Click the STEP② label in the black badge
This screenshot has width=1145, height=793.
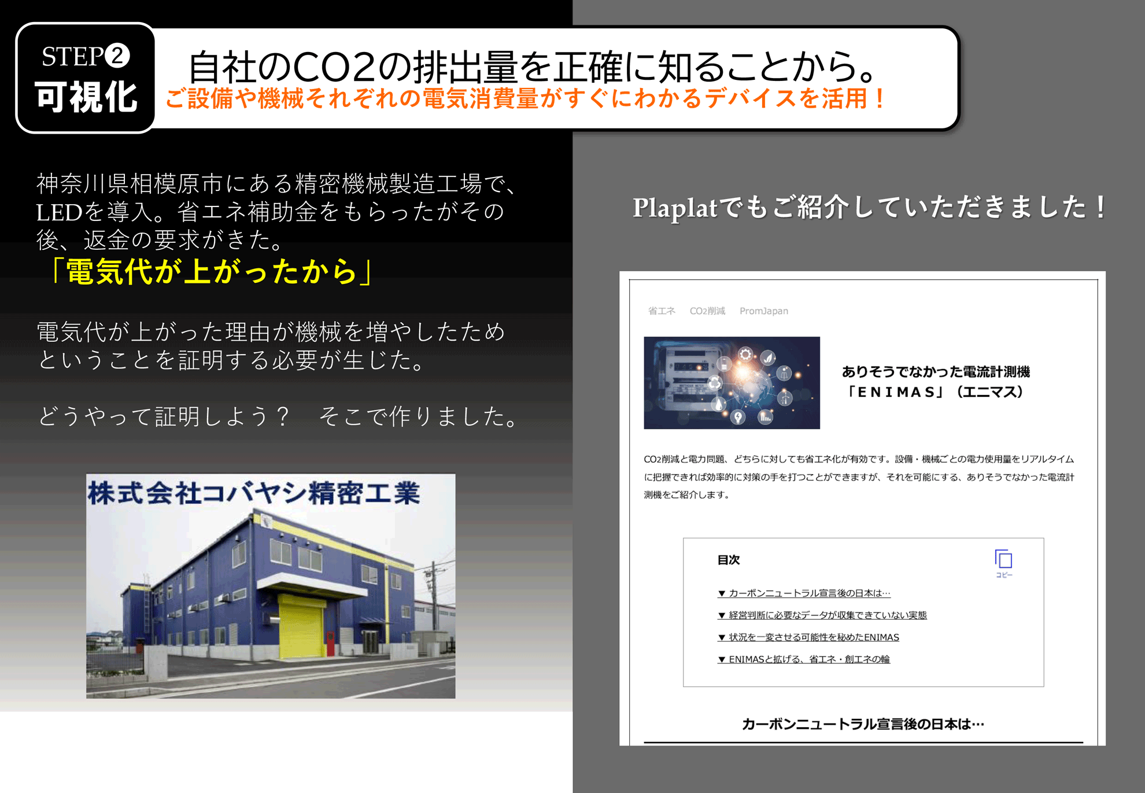tap(86, 56)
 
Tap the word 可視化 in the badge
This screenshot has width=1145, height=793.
tap(86, 97)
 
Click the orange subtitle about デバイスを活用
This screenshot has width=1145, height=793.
tap(525, 98)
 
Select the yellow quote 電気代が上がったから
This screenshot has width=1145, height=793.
tap(212, 271)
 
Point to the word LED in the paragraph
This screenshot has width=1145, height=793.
tap(60, 212)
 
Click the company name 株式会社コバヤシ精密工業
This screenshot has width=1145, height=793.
tap(254, 493)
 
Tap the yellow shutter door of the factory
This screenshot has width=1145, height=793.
tap(302, 626)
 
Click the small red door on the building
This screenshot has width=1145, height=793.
tap(330, 643)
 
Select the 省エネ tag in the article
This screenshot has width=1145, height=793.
tap(662, 311)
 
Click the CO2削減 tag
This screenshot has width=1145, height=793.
tap(707, 311)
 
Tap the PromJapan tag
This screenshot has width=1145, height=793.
tap(764, 311)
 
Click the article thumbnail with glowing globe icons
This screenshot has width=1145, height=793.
tap(732, 383)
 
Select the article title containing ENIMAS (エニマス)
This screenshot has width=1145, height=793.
tap(936, 382)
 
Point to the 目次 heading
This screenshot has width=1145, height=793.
tap(729, 560)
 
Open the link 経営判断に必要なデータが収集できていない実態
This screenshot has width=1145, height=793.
tap(822, 615)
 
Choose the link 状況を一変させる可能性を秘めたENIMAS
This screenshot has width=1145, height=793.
tap(808, 637)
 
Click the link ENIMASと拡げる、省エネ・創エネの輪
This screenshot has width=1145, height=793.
tap(804, 659)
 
